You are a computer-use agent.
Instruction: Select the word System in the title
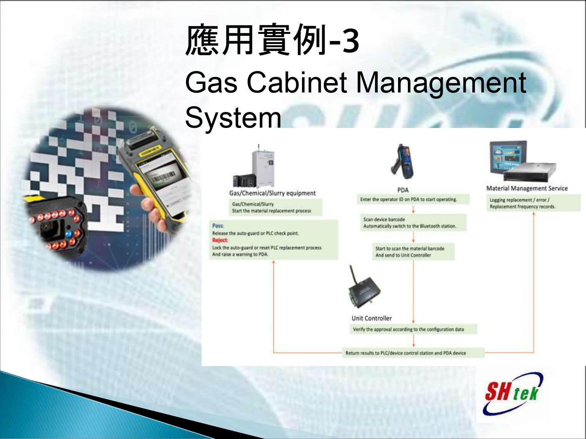click(x=233, y=118)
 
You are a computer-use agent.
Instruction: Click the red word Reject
click(x=220, y=240)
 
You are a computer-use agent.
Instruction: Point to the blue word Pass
click(x=218, y=226)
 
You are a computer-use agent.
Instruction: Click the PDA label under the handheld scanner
click(x=403, y=190)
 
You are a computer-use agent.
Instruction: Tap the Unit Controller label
click(x=372, y=318)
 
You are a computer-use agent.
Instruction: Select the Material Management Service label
click(x=527, y=188)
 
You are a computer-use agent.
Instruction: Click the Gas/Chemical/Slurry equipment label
click(x=272, y=193)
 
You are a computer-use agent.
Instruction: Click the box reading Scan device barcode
click(x=413, y=222)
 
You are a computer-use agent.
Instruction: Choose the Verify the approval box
click(x=413, y=329)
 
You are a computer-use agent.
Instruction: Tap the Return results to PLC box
click(x=413, y=353)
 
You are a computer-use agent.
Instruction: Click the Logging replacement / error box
click(x=533, y=203)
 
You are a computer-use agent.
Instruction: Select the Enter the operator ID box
click(x=413, y=199)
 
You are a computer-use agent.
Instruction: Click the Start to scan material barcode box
click(x=413, y=252)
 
